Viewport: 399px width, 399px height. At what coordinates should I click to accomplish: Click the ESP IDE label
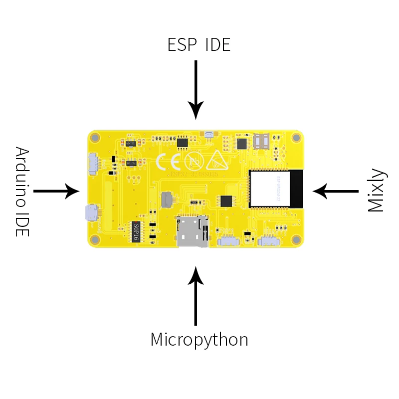point(199,45)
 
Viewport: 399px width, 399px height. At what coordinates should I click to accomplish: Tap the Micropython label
point(199,340)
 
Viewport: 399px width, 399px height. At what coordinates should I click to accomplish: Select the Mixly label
point(377,191)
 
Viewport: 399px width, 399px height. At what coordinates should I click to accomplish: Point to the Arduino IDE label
point(21,192)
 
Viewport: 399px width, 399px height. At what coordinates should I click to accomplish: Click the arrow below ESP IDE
point(196,90)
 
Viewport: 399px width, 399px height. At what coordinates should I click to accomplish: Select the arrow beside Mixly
point(336,191)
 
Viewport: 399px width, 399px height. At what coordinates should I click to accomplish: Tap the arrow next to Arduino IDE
point(56,191)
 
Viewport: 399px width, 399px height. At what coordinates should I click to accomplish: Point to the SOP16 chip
point(136,231)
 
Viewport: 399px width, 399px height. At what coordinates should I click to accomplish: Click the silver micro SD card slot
point(192,232)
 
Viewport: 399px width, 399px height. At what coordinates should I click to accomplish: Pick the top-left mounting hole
point(96,137)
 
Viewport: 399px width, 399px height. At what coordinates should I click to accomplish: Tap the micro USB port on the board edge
point(90,213)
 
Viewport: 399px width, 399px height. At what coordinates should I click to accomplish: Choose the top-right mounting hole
point(297,138)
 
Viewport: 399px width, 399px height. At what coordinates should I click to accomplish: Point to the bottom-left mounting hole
point(96,239)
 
